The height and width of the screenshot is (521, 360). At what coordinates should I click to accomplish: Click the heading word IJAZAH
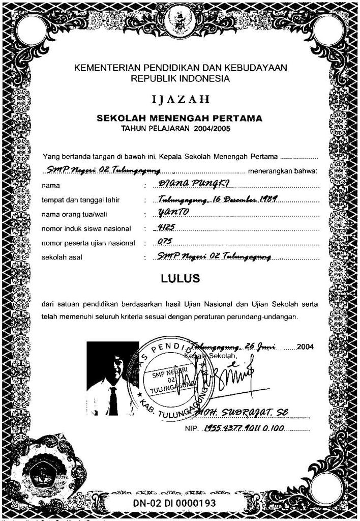pyautogui.click(x=180, y=99)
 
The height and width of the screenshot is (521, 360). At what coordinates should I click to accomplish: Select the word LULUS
pyautogui.click(x=180, y=279)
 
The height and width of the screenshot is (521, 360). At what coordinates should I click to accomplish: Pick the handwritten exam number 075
pyautogui.click(x=166, y=242)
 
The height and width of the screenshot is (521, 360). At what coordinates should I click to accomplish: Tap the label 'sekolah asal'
pyautogui.click(x=62, y=257)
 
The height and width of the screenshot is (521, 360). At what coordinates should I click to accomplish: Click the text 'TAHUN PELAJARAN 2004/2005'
pyautogui.click(x=175, y=129)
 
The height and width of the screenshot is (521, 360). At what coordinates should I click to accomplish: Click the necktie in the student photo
pyautogui.click(x=113, y=400)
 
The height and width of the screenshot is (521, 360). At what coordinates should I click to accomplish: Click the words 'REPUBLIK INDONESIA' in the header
pyautogui.click(x=180, y=78)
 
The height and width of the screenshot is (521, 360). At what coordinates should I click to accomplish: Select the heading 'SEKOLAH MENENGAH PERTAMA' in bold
pyautogui.click(x=179, y=119)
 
